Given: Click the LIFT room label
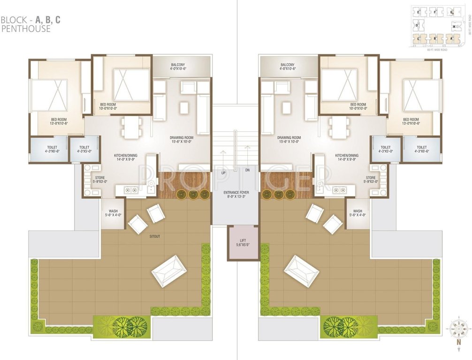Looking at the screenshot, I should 243,242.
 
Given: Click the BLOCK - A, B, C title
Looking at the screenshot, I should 30,20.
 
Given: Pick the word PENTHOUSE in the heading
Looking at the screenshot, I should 26,29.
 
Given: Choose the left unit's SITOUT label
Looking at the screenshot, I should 154,236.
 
